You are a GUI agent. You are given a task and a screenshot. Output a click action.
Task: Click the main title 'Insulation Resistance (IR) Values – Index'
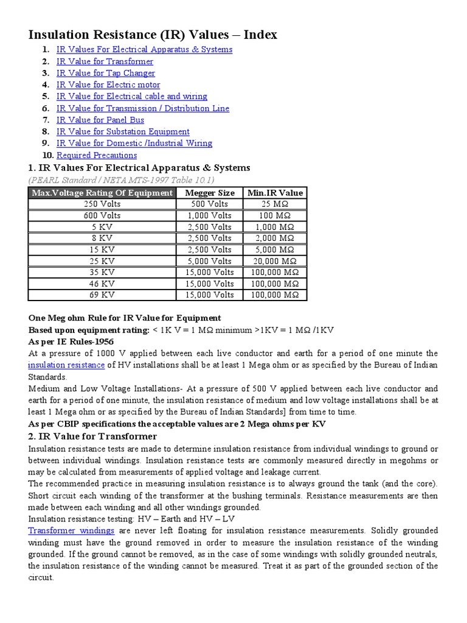click(153, 35)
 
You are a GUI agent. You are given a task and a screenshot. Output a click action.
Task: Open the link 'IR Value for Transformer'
click(105, 61)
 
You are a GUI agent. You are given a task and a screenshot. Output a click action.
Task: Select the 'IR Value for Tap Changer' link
click(105, 73)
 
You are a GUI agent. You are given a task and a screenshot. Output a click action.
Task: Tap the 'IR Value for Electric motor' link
click(108, 85)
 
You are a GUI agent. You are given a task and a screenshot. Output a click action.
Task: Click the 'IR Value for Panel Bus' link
click(100, 120)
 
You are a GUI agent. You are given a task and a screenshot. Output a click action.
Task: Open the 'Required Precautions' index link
click(97, 155)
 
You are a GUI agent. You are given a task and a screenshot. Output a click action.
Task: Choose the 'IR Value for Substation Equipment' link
click(123, 131)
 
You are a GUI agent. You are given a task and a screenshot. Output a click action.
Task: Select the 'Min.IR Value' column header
click(275, 193)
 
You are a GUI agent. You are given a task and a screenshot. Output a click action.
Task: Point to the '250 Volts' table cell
click(102, 204)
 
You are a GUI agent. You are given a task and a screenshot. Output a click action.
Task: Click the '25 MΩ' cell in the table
click(275, 204)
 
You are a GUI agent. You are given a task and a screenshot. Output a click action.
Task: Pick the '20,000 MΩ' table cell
click(275, 261)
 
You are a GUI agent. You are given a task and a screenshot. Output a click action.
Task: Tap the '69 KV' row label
click(102, 295)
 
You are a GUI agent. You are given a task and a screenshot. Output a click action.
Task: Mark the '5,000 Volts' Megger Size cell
click(209, 261)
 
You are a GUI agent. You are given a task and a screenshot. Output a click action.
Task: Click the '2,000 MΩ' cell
click(275, 238)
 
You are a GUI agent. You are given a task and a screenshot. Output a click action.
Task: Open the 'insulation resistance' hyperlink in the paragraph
click(66, 365)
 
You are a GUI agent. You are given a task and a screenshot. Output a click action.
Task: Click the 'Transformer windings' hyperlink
click(71, 531)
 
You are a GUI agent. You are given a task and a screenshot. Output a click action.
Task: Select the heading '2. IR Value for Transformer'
click(92, 436)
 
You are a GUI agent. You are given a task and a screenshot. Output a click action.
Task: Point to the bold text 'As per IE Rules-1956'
click(71, 342)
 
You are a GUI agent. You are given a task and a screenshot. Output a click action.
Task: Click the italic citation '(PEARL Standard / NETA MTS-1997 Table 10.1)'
click(121, 180)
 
